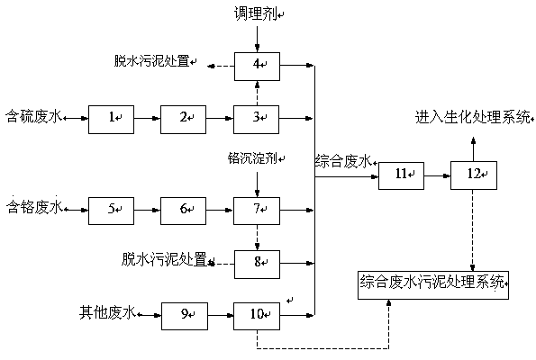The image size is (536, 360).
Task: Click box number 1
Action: pos(111,119)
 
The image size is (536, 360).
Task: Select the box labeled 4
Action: pos(257,67)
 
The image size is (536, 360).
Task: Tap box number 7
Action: pos(257,211)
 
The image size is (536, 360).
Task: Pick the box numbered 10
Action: pos(257,316)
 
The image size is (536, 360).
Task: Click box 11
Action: pos(401,175)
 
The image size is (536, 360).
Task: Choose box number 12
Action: pos(474,175)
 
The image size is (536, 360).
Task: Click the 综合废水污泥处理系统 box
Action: pos(433,285)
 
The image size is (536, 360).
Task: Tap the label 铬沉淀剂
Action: pos(252,158)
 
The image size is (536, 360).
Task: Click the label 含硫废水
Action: pos(34,117)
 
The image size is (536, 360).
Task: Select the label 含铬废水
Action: pos(34,207)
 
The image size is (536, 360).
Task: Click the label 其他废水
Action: pos(108,312)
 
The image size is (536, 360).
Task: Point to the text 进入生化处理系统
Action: pos(473,117)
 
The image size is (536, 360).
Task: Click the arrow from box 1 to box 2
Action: pos(148,119)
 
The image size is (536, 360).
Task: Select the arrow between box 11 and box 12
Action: pos(438,175)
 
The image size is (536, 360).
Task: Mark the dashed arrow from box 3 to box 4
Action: pos(257,94)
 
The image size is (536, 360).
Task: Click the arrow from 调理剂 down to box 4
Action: pos(257,39)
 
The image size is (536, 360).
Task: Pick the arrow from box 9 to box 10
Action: pos(221,315)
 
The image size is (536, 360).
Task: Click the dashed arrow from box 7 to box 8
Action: pos(257,238)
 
